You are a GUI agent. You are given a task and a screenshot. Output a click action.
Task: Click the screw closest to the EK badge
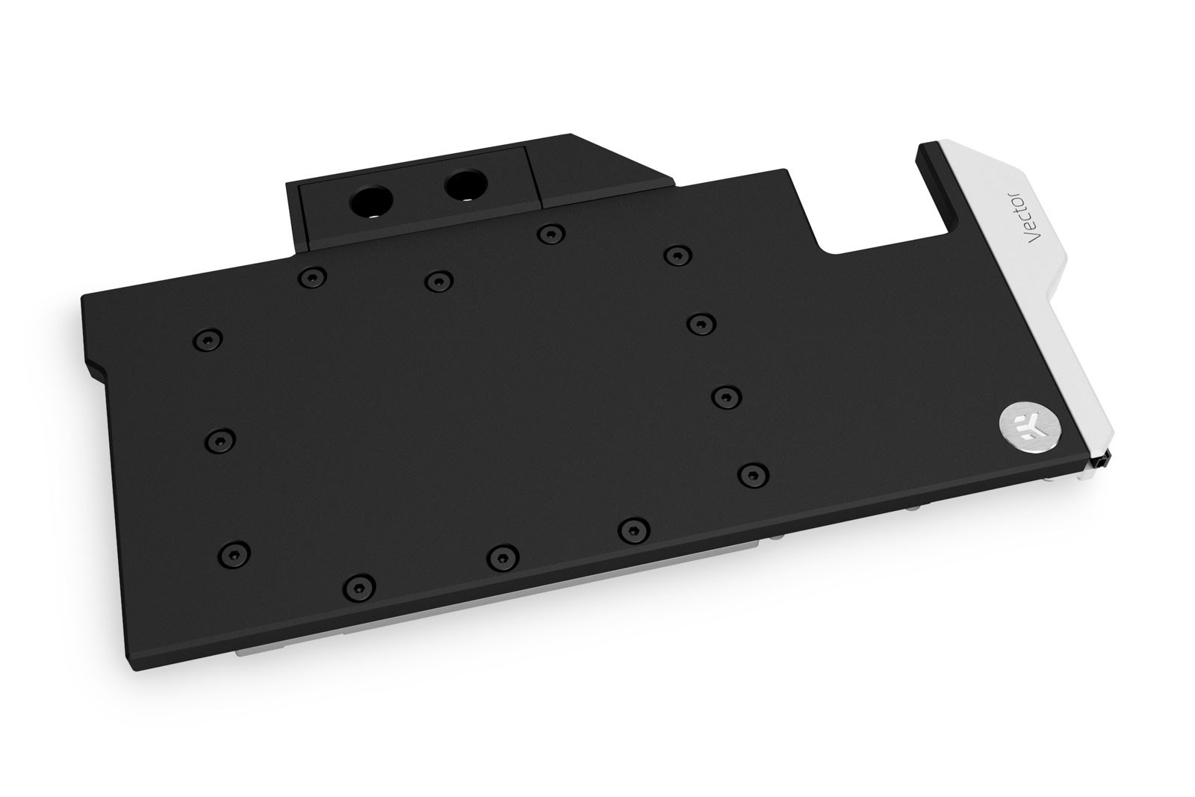tap(753, 472)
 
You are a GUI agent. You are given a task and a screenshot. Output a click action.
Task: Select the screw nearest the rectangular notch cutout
tap(676, 255)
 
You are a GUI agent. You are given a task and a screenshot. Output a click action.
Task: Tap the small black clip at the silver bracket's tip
tap(1105, 464)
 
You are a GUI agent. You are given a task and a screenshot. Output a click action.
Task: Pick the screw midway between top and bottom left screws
tap(218, 439)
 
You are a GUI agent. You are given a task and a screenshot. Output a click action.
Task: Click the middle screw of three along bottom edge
tap(502, 555)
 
